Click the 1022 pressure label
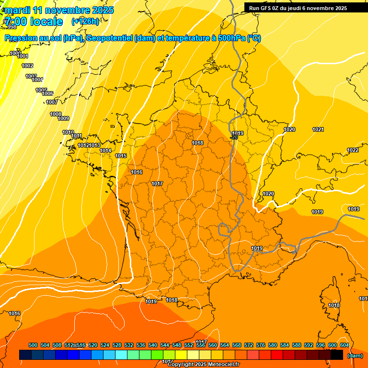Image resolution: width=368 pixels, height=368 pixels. tap(353, 150)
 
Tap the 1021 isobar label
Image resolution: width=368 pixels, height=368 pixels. tap(318, 130)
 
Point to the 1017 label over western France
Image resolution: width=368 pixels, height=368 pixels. tap(157, 184)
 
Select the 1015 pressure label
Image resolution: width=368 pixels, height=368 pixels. tap(121, 156)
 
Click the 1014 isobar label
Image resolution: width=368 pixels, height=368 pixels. tap(106, 151)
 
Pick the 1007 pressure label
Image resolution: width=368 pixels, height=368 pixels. tap(52, 103)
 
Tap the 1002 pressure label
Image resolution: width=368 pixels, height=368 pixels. tap(27, 66)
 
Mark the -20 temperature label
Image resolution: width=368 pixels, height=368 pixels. tap(234, 138)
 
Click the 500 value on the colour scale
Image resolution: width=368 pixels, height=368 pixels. tap(33, 345)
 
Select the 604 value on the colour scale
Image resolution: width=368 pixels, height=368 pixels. tap(345, 345)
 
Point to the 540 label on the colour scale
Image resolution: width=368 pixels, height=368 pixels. tap(153, 345)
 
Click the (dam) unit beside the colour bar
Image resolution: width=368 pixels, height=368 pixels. tap(355, 356)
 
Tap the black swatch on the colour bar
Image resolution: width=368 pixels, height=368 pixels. tap(337, 355)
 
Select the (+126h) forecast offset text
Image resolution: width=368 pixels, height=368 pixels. tap(85, 21)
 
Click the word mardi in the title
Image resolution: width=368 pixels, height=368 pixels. tap(17, 10)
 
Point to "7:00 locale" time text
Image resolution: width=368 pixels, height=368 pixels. tap(34, 22)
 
